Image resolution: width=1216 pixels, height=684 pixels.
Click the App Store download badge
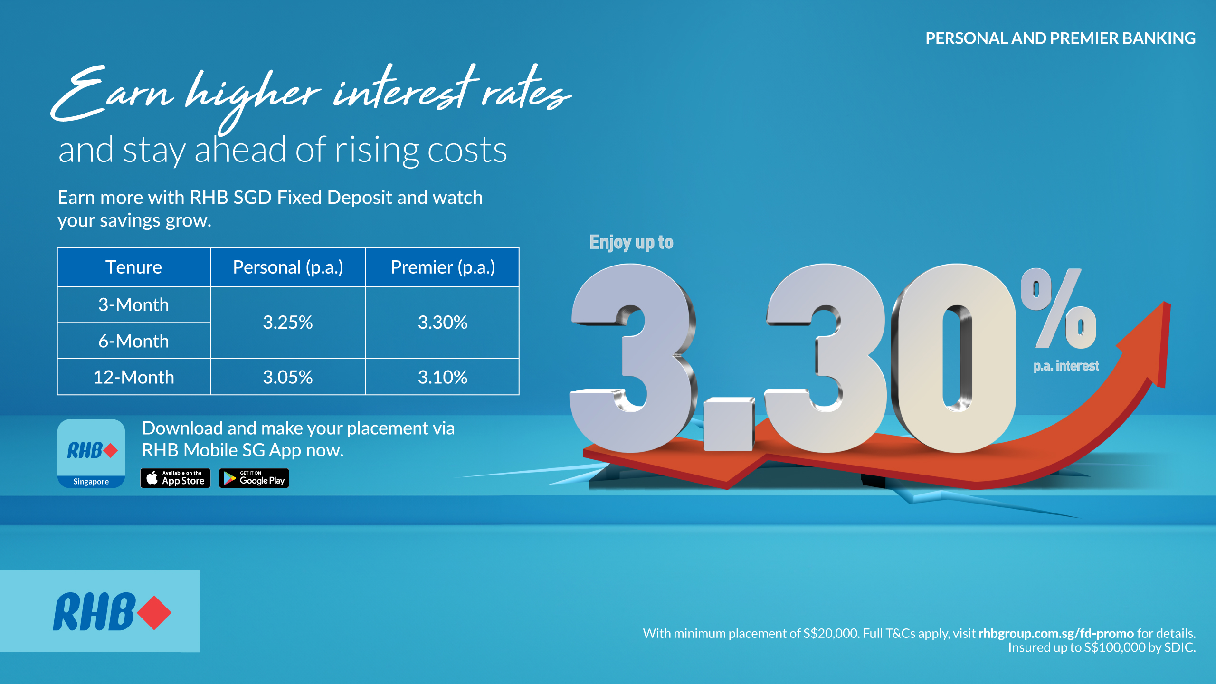point(175,478)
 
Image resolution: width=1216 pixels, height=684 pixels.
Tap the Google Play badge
point(254,478)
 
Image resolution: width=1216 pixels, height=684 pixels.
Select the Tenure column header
point(133,267)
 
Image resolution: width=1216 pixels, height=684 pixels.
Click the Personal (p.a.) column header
point(288,267)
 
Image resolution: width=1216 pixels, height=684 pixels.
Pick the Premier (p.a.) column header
point(442,267)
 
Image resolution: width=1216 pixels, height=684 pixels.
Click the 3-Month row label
point(133,304)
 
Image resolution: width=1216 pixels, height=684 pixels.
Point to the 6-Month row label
point(133,341)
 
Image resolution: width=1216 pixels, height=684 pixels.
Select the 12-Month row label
point(133,377)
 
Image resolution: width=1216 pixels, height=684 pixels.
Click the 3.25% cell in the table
point(288,323)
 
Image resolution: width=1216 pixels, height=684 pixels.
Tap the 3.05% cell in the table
point(288,377)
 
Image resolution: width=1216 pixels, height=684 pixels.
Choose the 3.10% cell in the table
point(442,377)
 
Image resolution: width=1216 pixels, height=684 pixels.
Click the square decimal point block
point(729,424)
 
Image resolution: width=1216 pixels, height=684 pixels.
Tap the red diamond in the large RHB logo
point(154,612)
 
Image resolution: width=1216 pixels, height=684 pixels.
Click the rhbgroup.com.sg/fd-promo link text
point(1055,633)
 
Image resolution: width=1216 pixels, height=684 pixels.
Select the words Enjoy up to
point(631,242)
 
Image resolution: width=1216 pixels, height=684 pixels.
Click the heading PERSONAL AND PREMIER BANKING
point(1060,38)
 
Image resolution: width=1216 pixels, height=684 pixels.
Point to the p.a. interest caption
point(1066,366)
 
